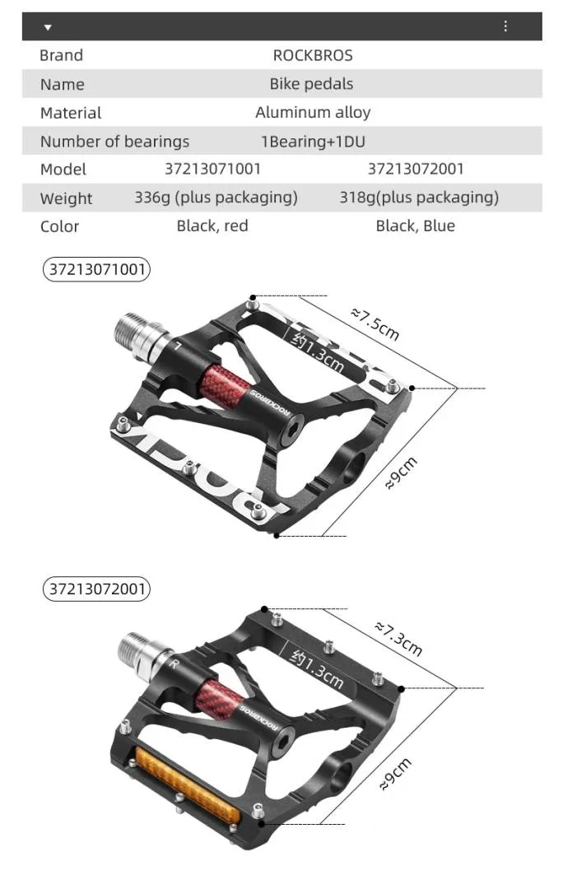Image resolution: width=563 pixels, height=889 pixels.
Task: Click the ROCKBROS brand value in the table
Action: (313, 55)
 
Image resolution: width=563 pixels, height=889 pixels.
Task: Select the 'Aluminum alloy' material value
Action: (313, 112)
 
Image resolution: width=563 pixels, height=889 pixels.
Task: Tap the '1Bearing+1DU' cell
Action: (313, 142)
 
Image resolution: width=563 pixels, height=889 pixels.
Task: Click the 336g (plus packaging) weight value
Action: (216, 198)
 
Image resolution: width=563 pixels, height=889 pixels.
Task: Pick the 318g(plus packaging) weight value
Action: (419, 198)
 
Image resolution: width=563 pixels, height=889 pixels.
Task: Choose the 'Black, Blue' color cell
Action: (415, 226)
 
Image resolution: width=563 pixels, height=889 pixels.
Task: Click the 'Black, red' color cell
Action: (212, 226)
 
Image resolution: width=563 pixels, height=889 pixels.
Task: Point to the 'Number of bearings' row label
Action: (114, 142)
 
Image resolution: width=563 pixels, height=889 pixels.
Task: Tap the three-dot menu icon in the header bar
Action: (505, 26)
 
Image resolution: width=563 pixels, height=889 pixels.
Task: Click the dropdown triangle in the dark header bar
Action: (48, 27)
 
